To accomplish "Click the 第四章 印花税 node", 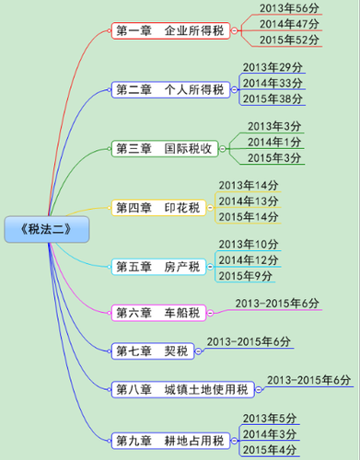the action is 157,207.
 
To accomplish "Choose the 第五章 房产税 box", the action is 157,267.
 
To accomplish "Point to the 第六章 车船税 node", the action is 157,312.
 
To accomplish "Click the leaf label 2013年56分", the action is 290,8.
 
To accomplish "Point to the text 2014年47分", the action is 290,24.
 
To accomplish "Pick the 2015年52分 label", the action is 290,40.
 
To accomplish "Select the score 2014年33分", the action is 273,84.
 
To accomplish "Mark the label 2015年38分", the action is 273,99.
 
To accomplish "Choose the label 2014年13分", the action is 248,201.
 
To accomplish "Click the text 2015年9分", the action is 245,275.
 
